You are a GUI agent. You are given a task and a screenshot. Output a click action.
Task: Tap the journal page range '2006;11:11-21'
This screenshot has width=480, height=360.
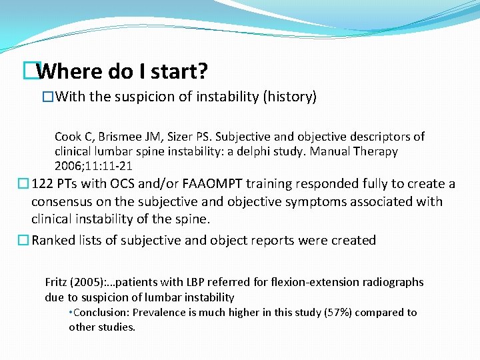[89, 165]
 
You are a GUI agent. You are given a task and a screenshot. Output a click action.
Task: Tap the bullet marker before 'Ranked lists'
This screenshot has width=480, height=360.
[24, 240]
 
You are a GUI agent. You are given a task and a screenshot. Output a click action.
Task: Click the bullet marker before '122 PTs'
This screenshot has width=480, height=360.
[24, 184]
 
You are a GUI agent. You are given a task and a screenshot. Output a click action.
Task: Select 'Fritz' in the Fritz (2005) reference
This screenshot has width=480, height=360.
[57, 282]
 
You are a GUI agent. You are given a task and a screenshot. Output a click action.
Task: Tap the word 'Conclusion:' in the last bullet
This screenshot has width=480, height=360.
[101, 313]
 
